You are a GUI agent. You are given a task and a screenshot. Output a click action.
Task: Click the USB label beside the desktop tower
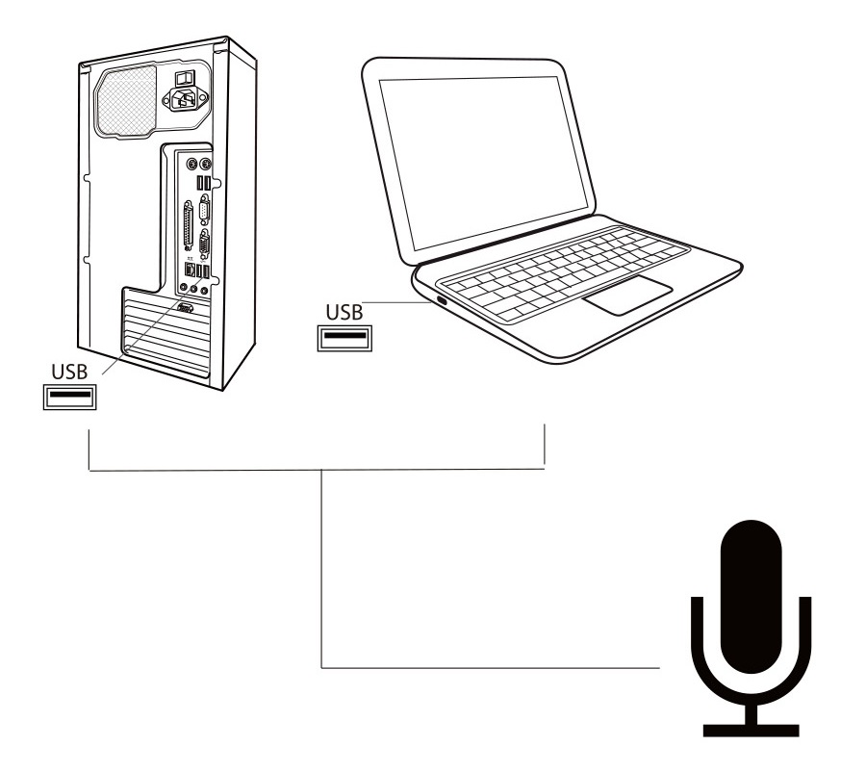[69, 372]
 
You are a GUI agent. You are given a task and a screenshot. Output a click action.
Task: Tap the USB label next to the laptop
[344, 313]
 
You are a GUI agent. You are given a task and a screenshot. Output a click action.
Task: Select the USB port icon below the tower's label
[69, 397]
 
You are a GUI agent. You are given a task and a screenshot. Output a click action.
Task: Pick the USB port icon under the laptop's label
[344, 338]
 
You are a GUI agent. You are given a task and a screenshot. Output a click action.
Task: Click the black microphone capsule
[751, 597]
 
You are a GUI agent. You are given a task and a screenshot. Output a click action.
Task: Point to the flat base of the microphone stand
[751, 730]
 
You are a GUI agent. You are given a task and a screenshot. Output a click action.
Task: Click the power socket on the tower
[185, 100]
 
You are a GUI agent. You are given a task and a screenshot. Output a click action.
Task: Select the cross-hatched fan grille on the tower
[126, 100]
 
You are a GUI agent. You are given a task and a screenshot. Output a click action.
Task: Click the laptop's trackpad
[628, 296]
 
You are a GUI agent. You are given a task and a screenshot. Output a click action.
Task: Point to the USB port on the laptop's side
[442, 301]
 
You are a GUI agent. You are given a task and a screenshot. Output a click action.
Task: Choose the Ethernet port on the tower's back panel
[190, 270]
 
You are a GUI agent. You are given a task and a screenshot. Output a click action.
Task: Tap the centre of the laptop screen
[484, 162]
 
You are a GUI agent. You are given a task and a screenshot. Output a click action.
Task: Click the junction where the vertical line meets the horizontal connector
[322, 471]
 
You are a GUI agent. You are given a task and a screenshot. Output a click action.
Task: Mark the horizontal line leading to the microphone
[491, 668]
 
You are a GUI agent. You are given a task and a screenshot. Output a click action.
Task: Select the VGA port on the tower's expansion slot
[185, 308]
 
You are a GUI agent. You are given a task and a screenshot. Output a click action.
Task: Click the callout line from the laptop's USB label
[396, 302]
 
